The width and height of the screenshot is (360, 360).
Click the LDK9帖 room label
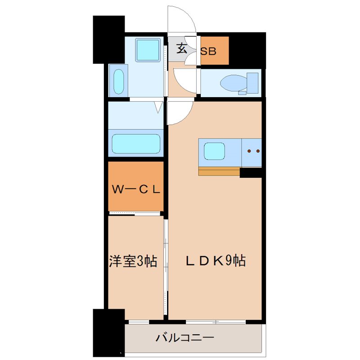[216, 261]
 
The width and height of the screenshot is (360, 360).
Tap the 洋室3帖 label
[133, 261]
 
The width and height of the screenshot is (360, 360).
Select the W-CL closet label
[135, 189]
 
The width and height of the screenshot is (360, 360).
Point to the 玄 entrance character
[181, 48]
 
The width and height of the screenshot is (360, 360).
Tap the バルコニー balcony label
[184, 337]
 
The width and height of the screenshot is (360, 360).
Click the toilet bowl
[231, 82]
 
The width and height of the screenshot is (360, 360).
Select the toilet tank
[252, 82]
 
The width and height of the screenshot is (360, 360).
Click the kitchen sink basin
[214, 151]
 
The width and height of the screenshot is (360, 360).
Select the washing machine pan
[148, 49]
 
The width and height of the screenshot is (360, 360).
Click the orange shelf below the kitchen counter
[219, 172]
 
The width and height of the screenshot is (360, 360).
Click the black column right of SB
[247, 49]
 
